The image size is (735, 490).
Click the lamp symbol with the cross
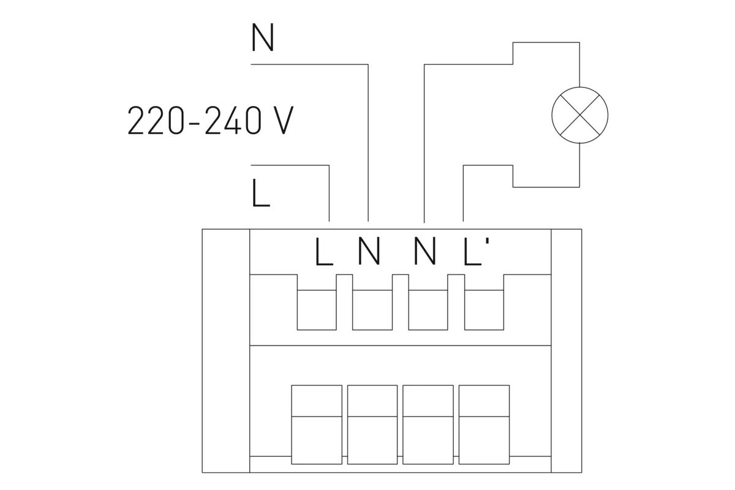[579, 115]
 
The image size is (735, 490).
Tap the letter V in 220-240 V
[281, 121]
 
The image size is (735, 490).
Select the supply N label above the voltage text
[262, 38]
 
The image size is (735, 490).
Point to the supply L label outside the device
[260, 194]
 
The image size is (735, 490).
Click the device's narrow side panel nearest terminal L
[226, 350]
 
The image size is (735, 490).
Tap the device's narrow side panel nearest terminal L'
[567, 350]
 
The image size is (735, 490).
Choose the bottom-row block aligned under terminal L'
[484, 424]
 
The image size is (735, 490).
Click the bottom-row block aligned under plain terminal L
[317, 424]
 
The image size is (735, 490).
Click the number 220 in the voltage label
[155, 121]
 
